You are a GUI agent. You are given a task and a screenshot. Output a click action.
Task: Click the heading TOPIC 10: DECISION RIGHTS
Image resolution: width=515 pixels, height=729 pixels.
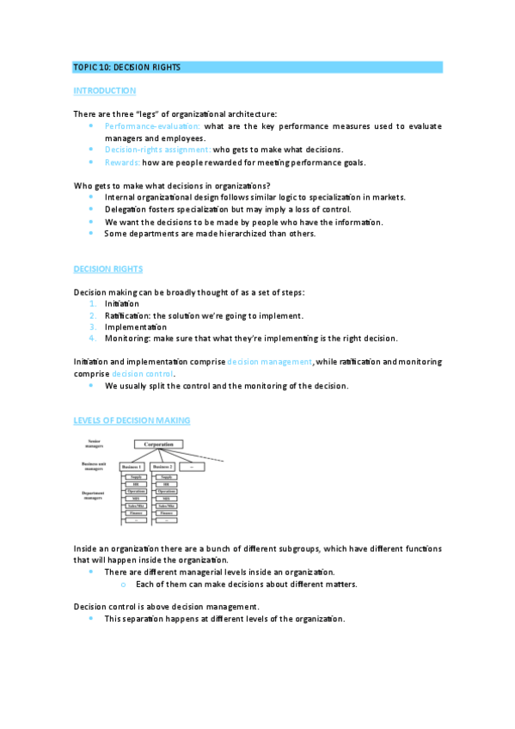click(x=127, y=67)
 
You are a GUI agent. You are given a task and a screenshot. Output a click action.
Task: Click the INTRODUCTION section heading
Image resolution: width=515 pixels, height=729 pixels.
click(x=105, y=90)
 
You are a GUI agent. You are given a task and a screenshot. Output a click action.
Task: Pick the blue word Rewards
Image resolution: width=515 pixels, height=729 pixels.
click(x=122, y=162)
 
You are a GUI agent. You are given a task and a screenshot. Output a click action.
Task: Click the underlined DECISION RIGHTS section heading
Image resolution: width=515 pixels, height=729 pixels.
click(x=108, y=269)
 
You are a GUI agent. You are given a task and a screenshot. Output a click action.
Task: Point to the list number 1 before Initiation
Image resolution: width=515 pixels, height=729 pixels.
click(x=93, y=303)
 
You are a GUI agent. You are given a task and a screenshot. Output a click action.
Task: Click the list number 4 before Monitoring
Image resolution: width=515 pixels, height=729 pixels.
click(x=93, y=339)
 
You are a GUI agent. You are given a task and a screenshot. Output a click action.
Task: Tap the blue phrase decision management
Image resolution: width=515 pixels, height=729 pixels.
click(x=269, y=362)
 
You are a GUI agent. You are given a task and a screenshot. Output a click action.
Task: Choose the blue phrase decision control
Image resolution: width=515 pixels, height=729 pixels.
click(x=144, y=374)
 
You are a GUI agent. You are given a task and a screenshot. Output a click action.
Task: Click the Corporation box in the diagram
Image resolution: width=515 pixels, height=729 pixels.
click(x=158, y=444)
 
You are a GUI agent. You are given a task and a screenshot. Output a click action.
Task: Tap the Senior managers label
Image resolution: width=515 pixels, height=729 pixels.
click(x=94, y=444)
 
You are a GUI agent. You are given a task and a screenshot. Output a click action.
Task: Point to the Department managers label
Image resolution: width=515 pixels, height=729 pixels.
click(x=93, y=496)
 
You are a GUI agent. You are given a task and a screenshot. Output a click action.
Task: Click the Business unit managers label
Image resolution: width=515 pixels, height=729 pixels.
click(x=93, y=466)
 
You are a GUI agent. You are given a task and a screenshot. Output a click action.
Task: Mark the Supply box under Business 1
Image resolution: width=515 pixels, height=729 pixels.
click(x=136, y=477)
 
